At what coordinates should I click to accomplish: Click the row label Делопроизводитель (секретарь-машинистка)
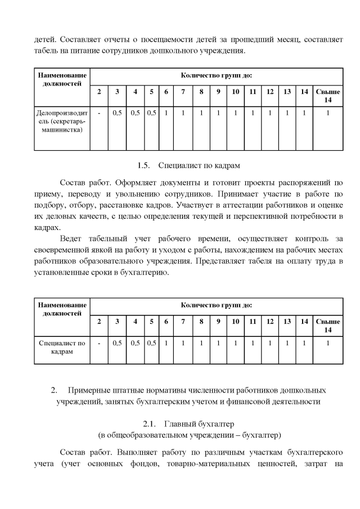(61, 121)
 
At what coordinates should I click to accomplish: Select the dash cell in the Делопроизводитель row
(99, 113)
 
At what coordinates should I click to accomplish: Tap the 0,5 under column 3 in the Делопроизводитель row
(117, 113)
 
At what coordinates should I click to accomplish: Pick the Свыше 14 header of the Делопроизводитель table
(327, 96)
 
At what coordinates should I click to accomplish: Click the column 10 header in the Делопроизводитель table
(236, 92)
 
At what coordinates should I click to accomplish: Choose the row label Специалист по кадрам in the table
(61, 346)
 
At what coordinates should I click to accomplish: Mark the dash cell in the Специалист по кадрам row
(99, 343)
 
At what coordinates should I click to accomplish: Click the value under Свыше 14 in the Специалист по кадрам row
(327, 343)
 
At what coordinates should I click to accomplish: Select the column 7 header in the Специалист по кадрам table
(183, 321)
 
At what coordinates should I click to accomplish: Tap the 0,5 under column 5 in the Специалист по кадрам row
(151, 343)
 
